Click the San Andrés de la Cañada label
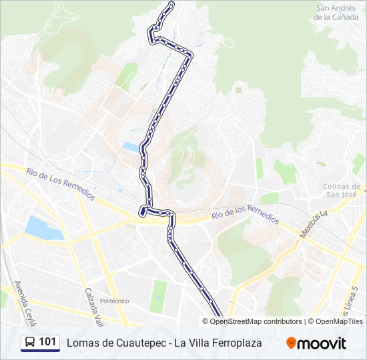tap(337, 13)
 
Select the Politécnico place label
tap(114, 301)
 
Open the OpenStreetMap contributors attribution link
tap(256, 321)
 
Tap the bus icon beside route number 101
tap(29, 343)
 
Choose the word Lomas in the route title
tap(80, 343)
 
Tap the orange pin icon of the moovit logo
tap(292, 343)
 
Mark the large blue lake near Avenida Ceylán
tap(44, 228)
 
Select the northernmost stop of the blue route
tap(172, 4)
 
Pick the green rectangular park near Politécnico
tap(159, 296)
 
